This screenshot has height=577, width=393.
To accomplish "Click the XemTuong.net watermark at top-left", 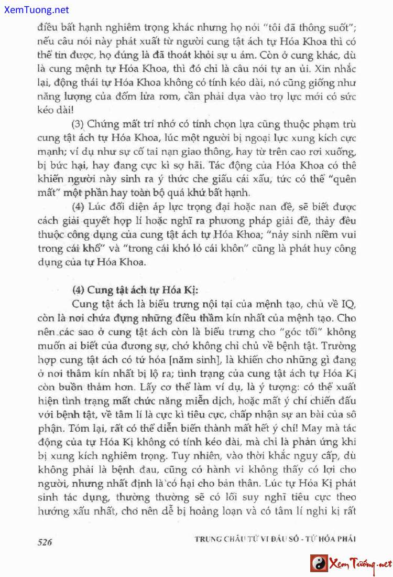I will click(35, 10).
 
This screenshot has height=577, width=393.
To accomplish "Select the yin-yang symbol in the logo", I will click(319, 564).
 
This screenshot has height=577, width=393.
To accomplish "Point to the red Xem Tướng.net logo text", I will click(360, 564).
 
